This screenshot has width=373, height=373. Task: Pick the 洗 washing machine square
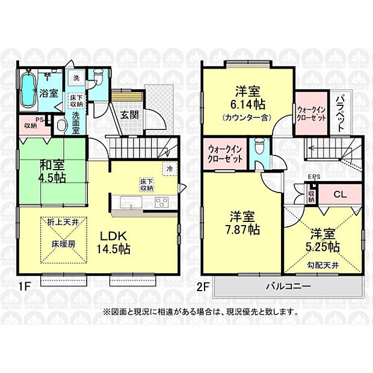[x=76, y=78]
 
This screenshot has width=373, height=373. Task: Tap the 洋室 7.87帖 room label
[x=244, y=223]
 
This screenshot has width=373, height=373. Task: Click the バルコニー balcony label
[x=286, y=286]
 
